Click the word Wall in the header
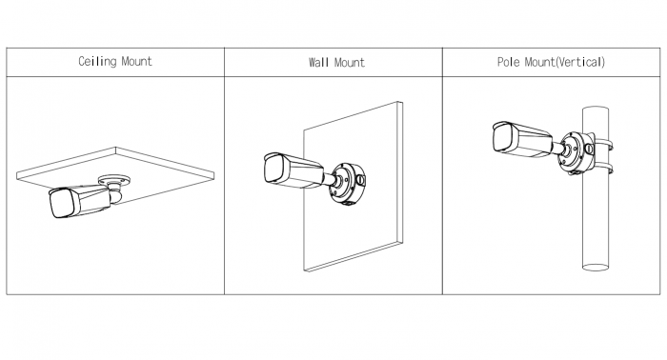pyautogui.click(x=319, y=63)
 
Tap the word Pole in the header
pyautogui.click(x=508, y=62)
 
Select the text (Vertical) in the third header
pyautogui.click(x=580, y=62)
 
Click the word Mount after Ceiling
pyautogui.click(x=136, y=62)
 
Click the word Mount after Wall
pyautogui.click(x=350, y=63)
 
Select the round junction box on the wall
pyautogui.click(x=347, y=183)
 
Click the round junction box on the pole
pyautogui.click(x=576, y=152)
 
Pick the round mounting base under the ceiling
pyautogui.click(x=114, y=180)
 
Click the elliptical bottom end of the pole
pyautogui.click(x=596, y=267)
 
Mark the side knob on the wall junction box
pyautogui.click(x=361, y=180)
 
